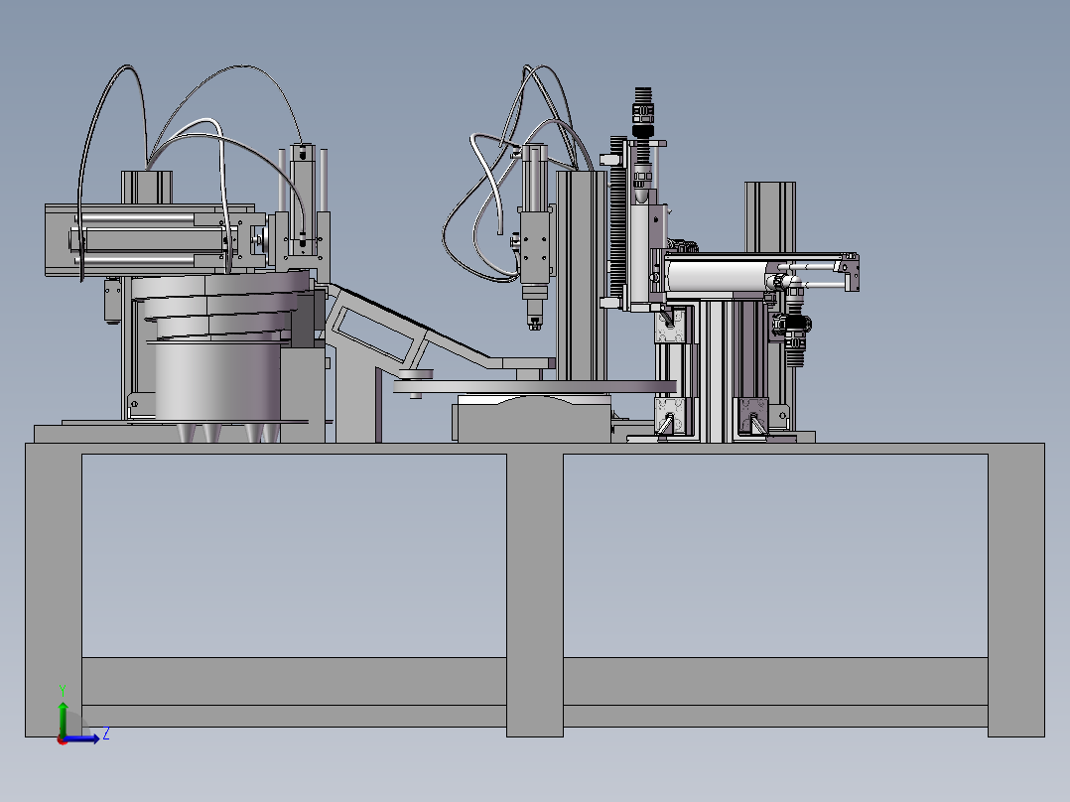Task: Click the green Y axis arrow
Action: click(63, 719)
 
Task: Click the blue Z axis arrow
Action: click(81, 738)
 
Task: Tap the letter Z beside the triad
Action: click(106, 735)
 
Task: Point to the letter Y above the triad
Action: click(63, 690)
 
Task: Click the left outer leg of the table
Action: click(54, 591)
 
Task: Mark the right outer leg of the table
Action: click(1016, 591)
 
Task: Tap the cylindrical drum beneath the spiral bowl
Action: click(217, 382)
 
